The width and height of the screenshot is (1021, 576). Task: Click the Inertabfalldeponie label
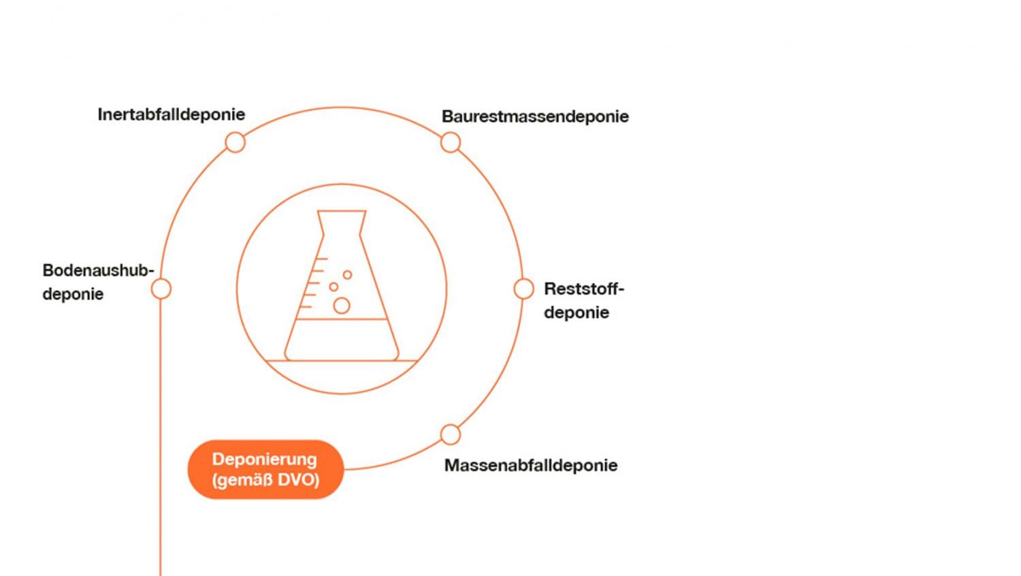(x=172, y=114)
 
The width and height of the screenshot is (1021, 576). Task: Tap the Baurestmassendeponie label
(x=535, y=116)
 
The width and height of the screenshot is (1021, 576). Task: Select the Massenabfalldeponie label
(x=531, y=465)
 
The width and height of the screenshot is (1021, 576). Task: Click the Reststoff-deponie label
(x=584, y=300)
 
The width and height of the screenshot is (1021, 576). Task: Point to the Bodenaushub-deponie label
(x=98, y=282)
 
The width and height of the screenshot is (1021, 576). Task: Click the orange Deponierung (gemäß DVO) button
(x=265, y=469)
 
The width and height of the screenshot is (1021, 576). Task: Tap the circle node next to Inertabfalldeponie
(x=236, y=142)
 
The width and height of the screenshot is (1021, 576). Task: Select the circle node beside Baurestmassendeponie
(x=451, y=142)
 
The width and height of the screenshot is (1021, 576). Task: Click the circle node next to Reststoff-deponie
(x=523, y=289)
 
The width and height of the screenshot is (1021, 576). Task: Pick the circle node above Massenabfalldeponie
(x=451, y=434)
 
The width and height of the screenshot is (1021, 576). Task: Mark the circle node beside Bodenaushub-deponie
(x=161, y=289)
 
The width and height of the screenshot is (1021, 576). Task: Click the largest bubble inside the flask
(x=342, y=306)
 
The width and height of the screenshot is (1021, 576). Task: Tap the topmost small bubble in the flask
(x=347, y=274)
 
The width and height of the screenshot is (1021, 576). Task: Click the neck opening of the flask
(x=342, y=211)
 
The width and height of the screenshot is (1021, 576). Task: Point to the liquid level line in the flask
(x=341, y=319)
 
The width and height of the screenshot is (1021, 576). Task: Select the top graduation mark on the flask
(x=322, y=259)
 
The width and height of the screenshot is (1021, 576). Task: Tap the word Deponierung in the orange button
(x=264, y=460)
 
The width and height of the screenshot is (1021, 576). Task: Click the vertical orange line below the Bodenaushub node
(x=161, y=438)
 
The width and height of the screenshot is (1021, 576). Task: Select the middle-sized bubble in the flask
(x=334, y=287)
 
